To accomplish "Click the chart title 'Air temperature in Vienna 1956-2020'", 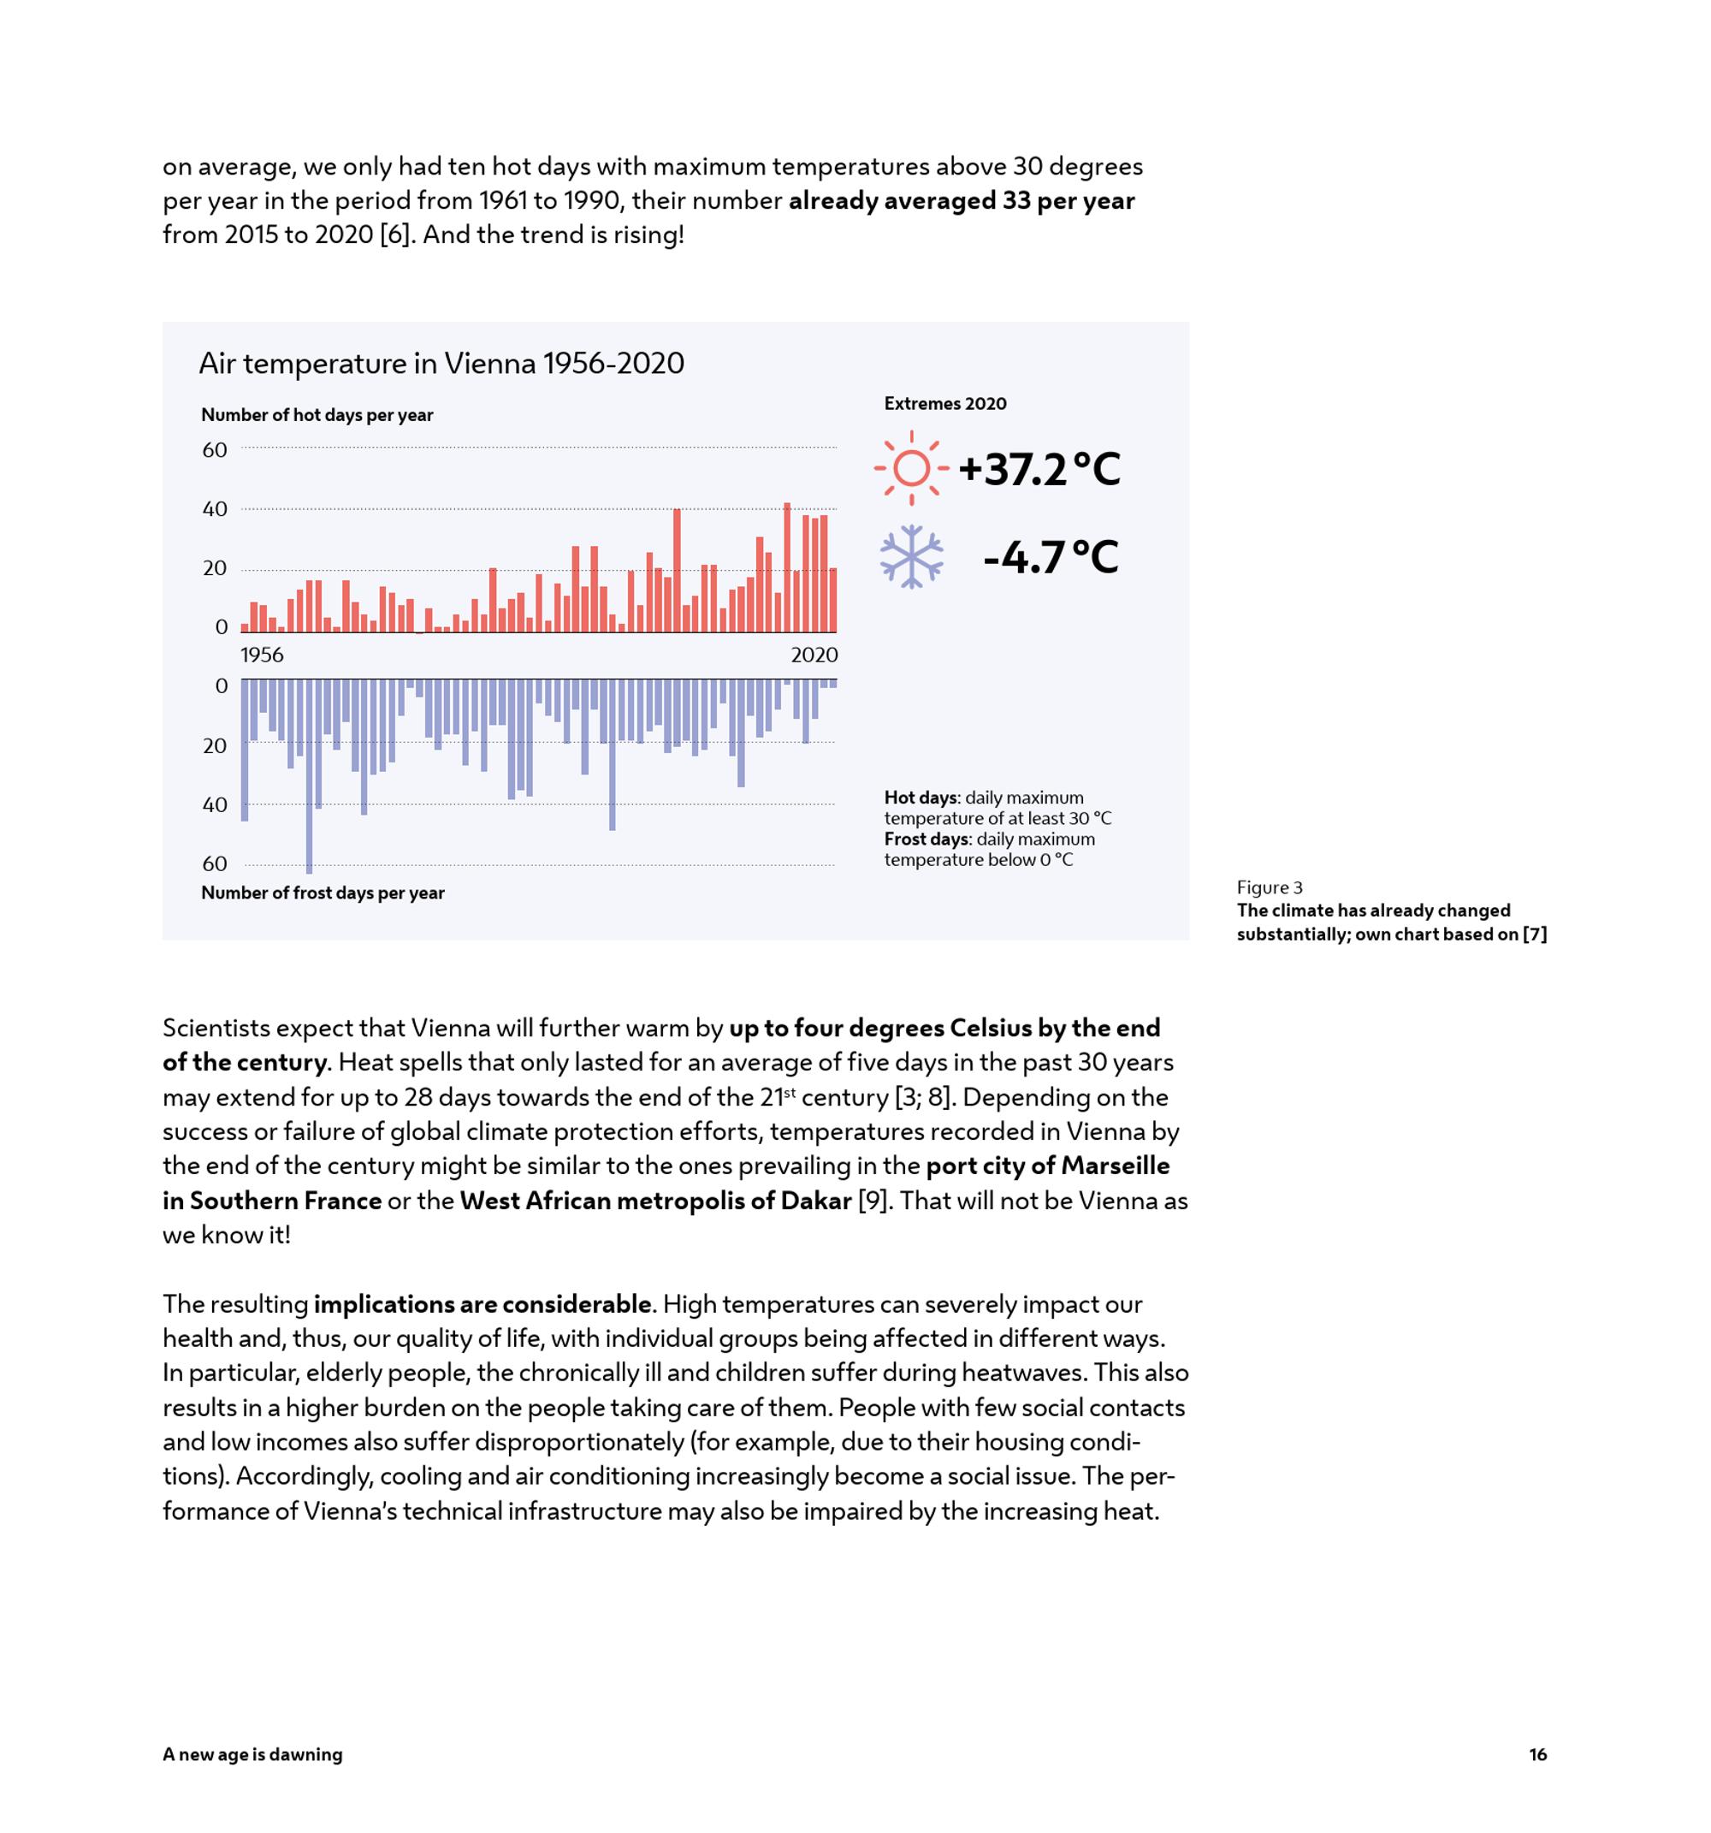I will click(x=441, y=364).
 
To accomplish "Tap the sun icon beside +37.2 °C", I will click(x=911, y=468).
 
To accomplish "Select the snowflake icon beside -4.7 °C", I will click(x=911, y=557).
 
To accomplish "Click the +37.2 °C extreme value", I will click(x=1039, y=469).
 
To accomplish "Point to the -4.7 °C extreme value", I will click(x=1050, y=557).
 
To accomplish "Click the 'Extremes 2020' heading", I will click(x=945, y=404).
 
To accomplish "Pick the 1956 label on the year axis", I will click(x=262, y=655).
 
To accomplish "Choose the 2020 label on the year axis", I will click(x=814, y=655).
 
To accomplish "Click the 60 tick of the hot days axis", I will click(x=215, y=450).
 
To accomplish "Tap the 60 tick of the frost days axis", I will click(x=215, y=864).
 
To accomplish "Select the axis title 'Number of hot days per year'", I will click(x=317, y=415).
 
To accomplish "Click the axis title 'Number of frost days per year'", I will click(x=323, y=893).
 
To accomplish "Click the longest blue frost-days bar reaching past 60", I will click(x=309, y=776).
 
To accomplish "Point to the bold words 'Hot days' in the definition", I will click(x=920, y=798).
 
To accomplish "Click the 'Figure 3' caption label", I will click(x=1270, y=887).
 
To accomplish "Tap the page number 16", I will click(x=1537, y=1754).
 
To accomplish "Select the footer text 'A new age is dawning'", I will click(x=252, y=1754).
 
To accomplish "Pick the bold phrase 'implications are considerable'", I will click(x=483, y=1305).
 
